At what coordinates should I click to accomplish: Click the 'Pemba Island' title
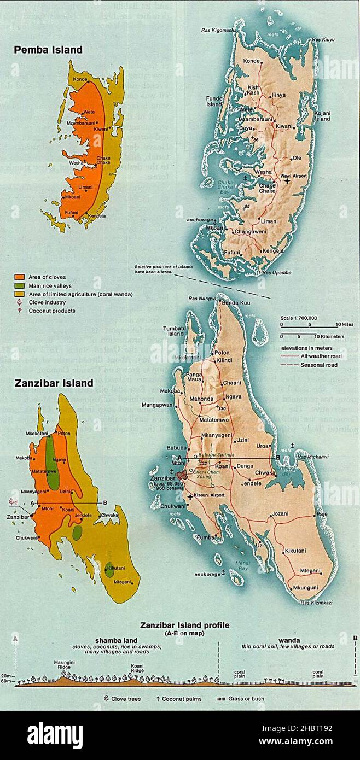(48, 50)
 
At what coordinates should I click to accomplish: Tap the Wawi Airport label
(293, 176)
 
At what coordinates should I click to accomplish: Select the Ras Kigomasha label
(218, 30)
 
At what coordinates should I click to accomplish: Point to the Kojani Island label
(321, 116)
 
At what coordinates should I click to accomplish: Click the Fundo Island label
(213, 101)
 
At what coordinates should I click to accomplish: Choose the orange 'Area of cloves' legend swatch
(19, 278)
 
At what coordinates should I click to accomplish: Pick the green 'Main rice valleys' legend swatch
(19, 286)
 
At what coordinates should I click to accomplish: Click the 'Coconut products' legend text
(52, 311)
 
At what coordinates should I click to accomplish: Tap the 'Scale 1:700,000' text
(299, 317)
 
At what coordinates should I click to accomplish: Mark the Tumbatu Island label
(176, 331)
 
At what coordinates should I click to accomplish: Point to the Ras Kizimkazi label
(316, 603)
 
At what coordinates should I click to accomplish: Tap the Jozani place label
(280, 514)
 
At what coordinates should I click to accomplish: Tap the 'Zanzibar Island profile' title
(184, 625)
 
